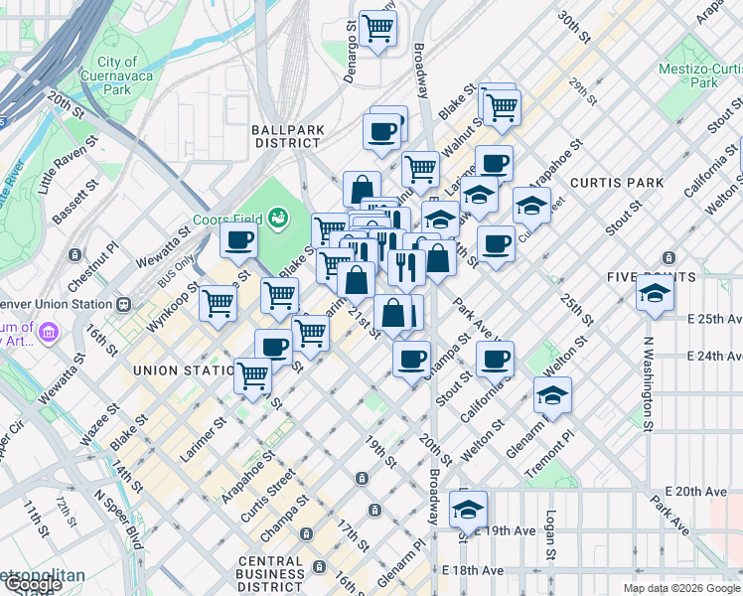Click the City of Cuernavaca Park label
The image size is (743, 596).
[117, 75]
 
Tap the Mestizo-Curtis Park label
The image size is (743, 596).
[700, 75]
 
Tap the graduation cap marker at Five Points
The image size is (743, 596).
[656, 293]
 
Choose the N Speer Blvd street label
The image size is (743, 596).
[117, 516]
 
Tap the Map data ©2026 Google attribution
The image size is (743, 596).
[681, 588]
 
